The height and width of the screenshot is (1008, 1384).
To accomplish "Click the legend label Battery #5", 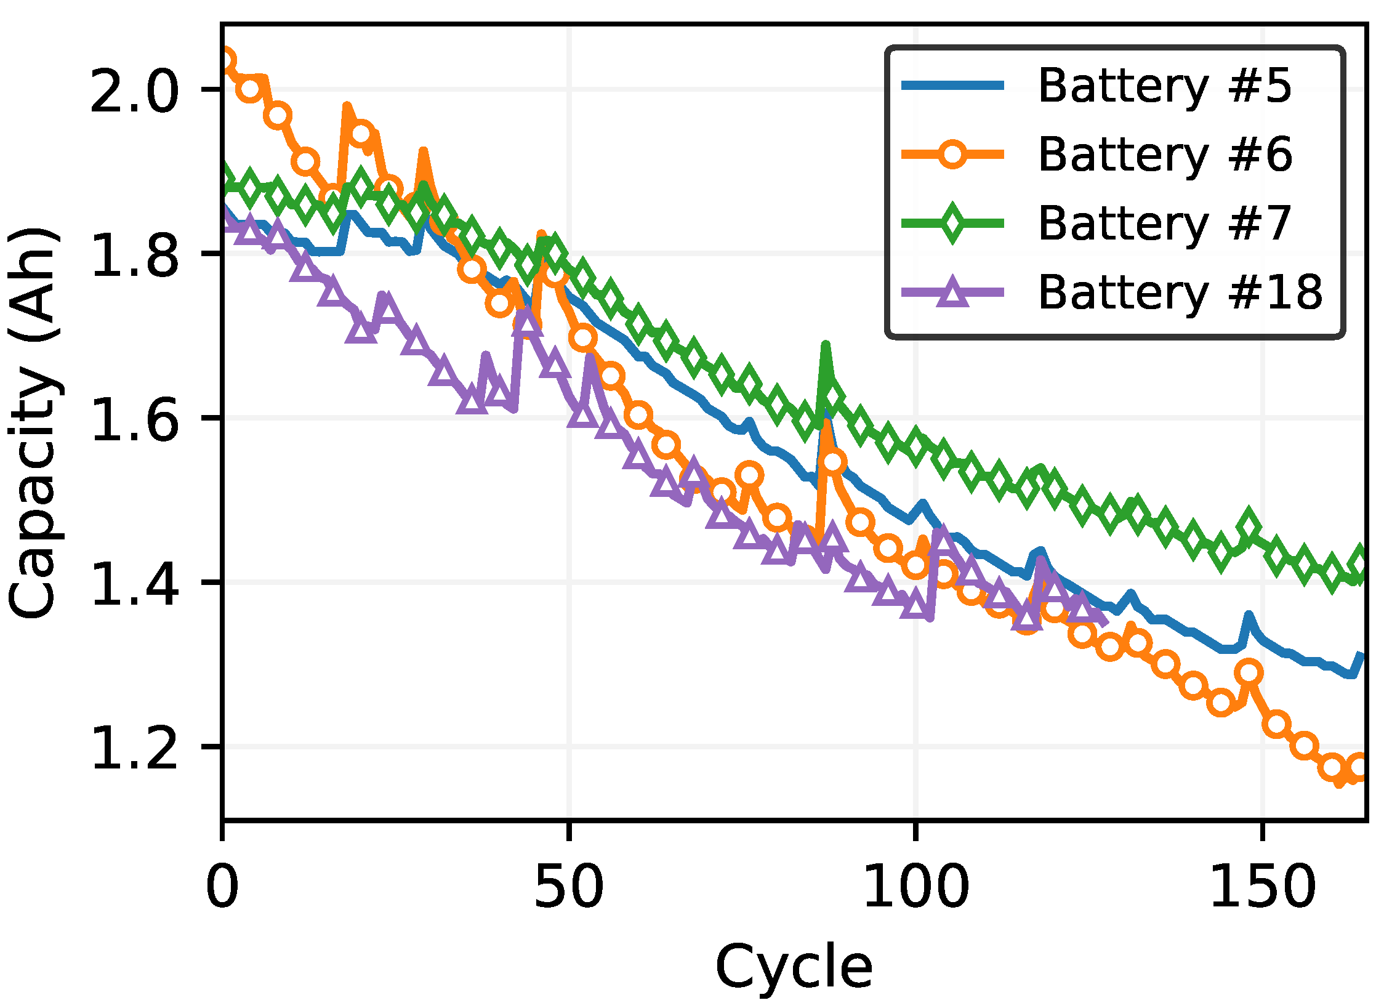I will tap(1164, 86).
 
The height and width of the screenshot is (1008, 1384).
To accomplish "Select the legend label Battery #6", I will tap(1164, 155).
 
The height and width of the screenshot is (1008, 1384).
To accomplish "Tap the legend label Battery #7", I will tap(1164, 224).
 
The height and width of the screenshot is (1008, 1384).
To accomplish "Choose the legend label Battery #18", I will tap(1180, 292).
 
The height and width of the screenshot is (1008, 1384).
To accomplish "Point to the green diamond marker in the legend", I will tap(952, 223).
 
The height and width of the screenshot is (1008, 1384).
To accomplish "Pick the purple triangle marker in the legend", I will tap(952, 292).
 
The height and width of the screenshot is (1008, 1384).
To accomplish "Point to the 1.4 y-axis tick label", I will tap(134, 583).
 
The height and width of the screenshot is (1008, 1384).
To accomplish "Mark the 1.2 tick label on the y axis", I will tap(134, 748).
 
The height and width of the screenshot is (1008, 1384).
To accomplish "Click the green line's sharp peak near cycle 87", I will tap(826, 347).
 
